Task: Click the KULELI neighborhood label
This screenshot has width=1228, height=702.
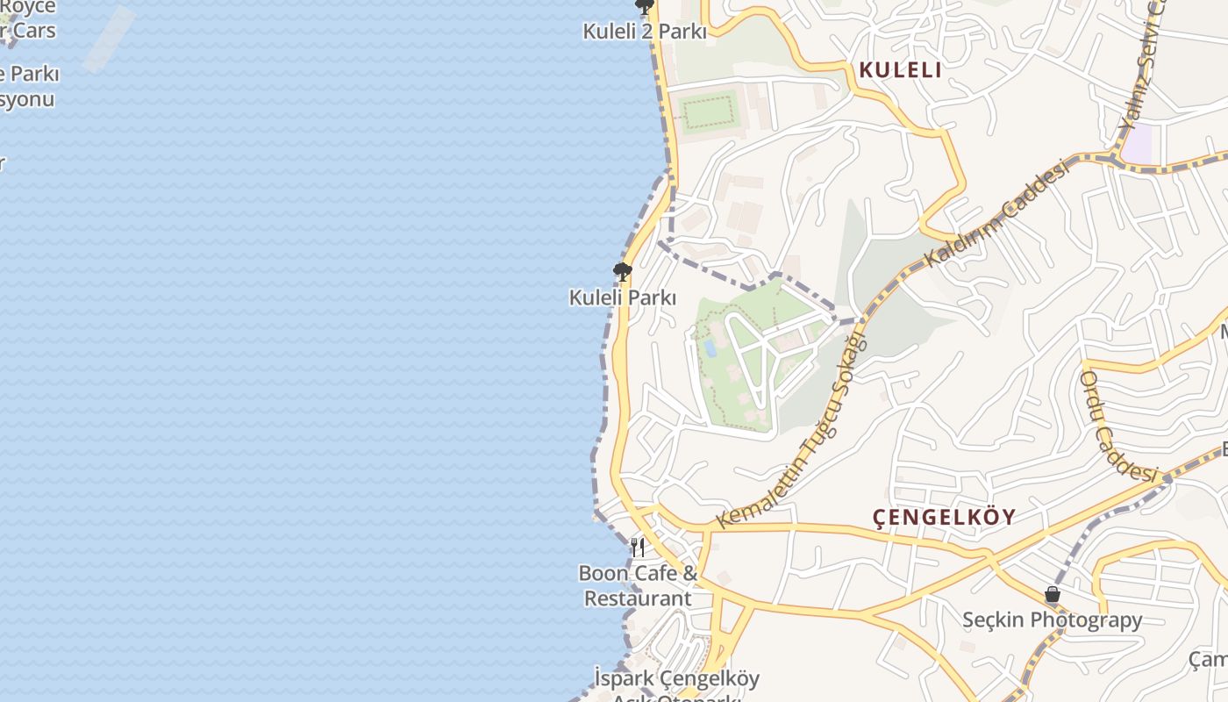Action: coord(900,70)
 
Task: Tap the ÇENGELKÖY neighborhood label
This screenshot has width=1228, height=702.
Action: coord(944,517)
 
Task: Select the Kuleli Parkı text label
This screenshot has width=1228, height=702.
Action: coord(623,297)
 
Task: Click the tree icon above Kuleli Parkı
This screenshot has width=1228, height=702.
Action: coord(623,271)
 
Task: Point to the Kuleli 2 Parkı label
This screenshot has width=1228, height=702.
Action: coord(645,32)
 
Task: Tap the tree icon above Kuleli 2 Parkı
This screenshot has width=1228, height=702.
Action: coord(645,8)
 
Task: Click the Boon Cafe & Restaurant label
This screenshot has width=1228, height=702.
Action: coord(638,585)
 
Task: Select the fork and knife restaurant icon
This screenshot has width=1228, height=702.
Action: coord(638,548)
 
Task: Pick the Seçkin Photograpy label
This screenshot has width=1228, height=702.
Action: coord(1053,620)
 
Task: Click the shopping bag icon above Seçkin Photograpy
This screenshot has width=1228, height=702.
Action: coord(1053,594)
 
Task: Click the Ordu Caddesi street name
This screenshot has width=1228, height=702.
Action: coord(1119,426)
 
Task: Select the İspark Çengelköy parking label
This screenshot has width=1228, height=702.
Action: coord(676,679)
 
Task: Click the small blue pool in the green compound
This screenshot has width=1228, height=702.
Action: coord(710,348)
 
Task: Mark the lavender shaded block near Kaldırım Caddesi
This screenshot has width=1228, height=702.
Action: coord(1139,143)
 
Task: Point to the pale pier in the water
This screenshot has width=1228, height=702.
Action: coord(110,39)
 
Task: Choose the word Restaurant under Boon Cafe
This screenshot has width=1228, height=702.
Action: coord(638,598)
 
